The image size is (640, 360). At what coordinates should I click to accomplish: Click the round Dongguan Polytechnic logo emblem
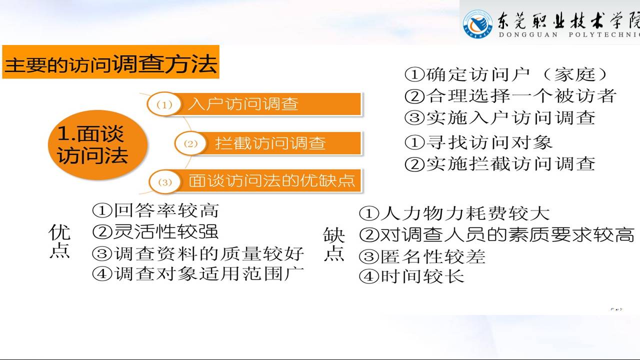[x=477, y=24]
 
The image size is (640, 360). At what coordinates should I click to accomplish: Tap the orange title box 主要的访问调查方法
[x=111, y=61]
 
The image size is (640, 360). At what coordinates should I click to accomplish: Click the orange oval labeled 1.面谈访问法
[x=97, y=145]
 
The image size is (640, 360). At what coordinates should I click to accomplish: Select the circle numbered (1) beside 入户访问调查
[x=164, y=104]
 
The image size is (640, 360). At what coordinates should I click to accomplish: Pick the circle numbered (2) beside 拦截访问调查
[x=190, y=143]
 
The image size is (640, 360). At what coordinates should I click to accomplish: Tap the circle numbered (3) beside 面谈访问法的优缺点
[x=165, y=182]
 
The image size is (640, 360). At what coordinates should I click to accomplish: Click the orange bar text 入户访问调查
[x=243, y=103]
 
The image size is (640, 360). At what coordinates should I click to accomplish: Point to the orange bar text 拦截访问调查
[x=270, y=143]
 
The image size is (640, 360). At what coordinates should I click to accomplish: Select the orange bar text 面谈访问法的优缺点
[x=271, y=180]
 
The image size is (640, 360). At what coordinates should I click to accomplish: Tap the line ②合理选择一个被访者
[x=510, y=96]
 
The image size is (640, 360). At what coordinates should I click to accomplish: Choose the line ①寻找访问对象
[x=478, y=142]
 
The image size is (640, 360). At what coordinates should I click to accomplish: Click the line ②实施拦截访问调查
[x=500, y=164]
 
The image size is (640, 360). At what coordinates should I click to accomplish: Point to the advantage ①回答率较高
[x=155, y=210]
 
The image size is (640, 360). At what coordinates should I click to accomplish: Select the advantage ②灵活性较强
[x=155, y=231]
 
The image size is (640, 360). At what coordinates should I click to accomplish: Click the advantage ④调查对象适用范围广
[x=197, y=274]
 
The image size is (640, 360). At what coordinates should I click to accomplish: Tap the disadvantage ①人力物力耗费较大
[x=454, y=213]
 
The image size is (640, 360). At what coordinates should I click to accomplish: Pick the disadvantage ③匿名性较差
[x=422, y=256]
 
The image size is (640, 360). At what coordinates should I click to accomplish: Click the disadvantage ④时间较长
[x=411, y=276]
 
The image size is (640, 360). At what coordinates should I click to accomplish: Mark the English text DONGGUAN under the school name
[x=528, y=35]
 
